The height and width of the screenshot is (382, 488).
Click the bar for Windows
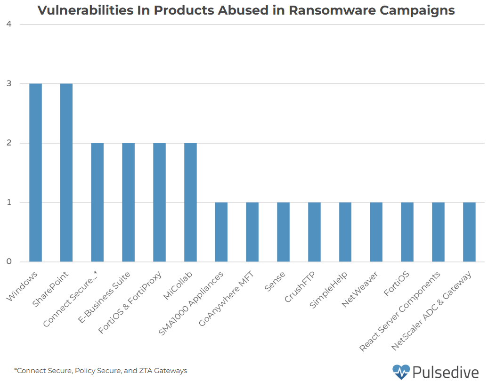pos(35,172)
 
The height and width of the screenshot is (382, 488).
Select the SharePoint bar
pos(66,172)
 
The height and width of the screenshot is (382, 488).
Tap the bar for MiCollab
pos(190,202)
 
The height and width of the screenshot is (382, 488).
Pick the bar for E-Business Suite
pos(128,202)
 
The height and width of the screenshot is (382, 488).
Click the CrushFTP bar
pos(314,232)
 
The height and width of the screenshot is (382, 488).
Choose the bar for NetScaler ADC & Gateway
pos(469,232)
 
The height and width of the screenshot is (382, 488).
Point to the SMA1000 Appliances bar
pos(221,232)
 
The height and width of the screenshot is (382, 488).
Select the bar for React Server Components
pos(438,232)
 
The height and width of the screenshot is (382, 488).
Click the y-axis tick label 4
pos(9,24)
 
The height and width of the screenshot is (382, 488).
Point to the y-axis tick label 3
pos(9,84)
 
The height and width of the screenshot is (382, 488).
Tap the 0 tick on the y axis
pos(9,262)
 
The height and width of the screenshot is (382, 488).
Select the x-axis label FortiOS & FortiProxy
pos(130,302)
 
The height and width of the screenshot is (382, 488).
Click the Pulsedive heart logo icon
pos(401,372)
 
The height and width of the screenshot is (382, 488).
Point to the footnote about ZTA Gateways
pos(100,371)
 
